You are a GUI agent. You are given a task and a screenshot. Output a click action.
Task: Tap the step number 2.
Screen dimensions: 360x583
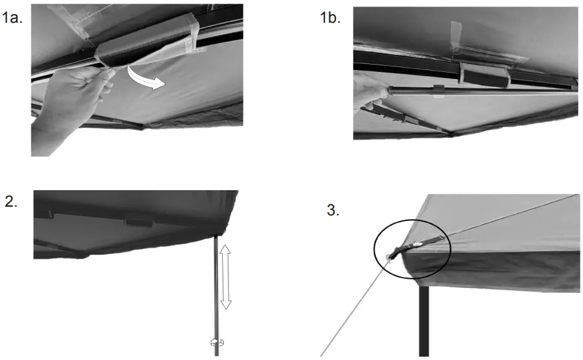click(x=11, y=203)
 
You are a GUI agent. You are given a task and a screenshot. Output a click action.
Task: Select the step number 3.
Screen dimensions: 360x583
click(x=333, y=210)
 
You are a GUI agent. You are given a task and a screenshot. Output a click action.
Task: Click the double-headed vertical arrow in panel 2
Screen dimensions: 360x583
click(x=226, y=275)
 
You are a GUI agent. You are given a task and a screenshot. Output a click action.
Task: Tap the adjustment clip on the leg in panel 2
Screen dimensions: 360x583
click(x=217, y=342)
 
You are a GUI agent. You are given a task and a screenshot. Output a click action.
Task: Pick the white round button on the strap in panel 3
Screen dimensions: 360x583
click(x=417, y=244)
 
